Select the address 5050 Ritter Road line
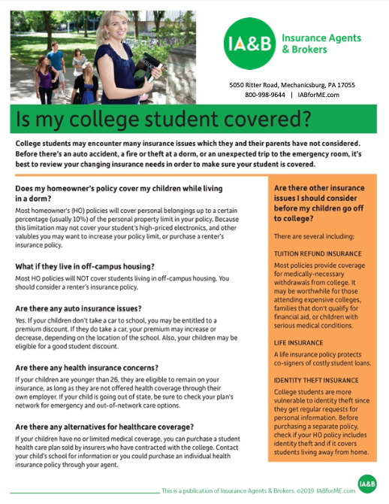(x=292, y=85)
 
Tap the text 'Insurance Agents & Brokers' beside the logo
(x=321, y=44)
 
